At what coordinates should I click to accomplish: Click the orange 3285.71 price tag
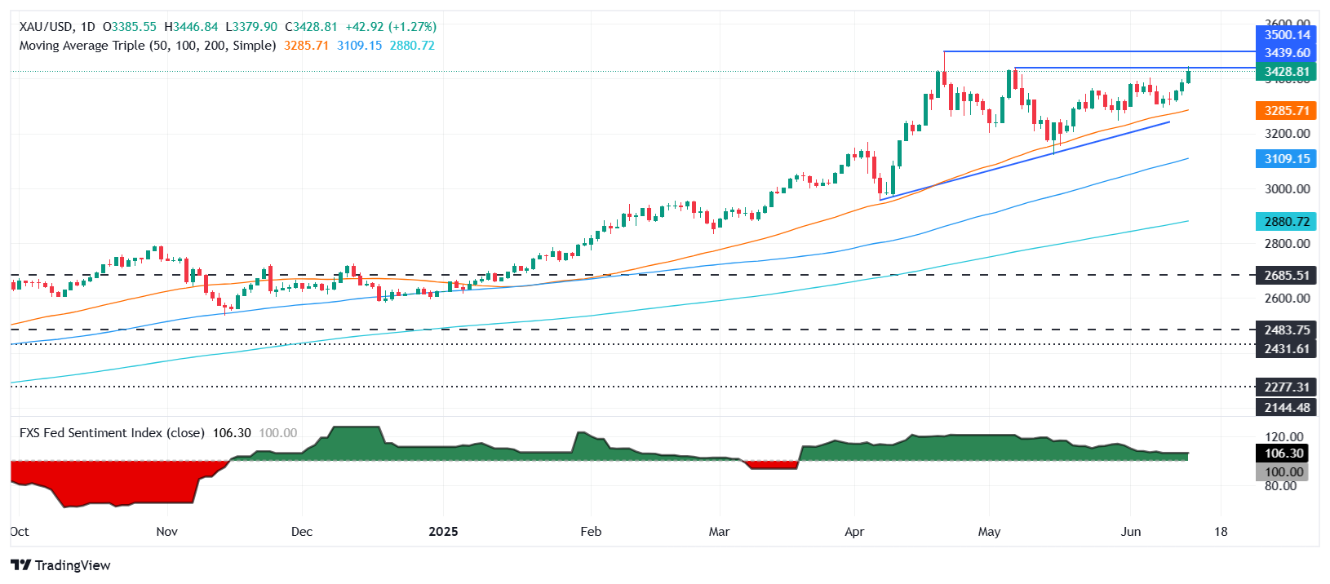(1286, 111)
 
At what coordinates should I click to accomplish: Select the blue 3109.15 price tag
(1286, 159)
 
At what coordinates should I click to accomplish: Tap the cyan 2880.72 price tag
(1286, 222)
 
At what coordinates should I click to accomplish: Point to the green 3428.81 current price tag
(1286, 72)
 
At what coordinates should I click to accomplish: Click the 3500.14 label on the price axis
(1286, 35)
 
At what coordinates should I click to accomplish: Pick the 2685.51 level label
(1286, 276)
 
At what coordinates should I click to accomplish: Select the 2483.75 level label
(1286, 330)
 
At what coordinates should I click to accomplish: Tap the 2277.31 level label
(1286, 387)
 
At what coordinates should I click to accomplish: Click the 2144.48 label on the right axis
(1286, 407)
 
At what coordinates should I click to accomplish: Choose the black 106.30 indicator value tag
(1283, 453)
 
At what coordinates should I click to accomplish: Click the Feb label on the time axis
(591, 532)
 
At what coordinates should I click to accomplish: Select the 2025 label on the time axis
(443, 532)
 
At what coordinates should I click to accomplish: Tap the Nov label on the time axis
(166, 532)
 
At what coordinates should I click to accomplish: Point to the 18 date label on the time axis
(1220, 532)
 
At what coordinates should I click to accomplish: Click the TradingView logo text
(72, 565)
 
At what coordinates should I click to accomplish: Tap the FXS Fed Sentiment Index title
(112, 433)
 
